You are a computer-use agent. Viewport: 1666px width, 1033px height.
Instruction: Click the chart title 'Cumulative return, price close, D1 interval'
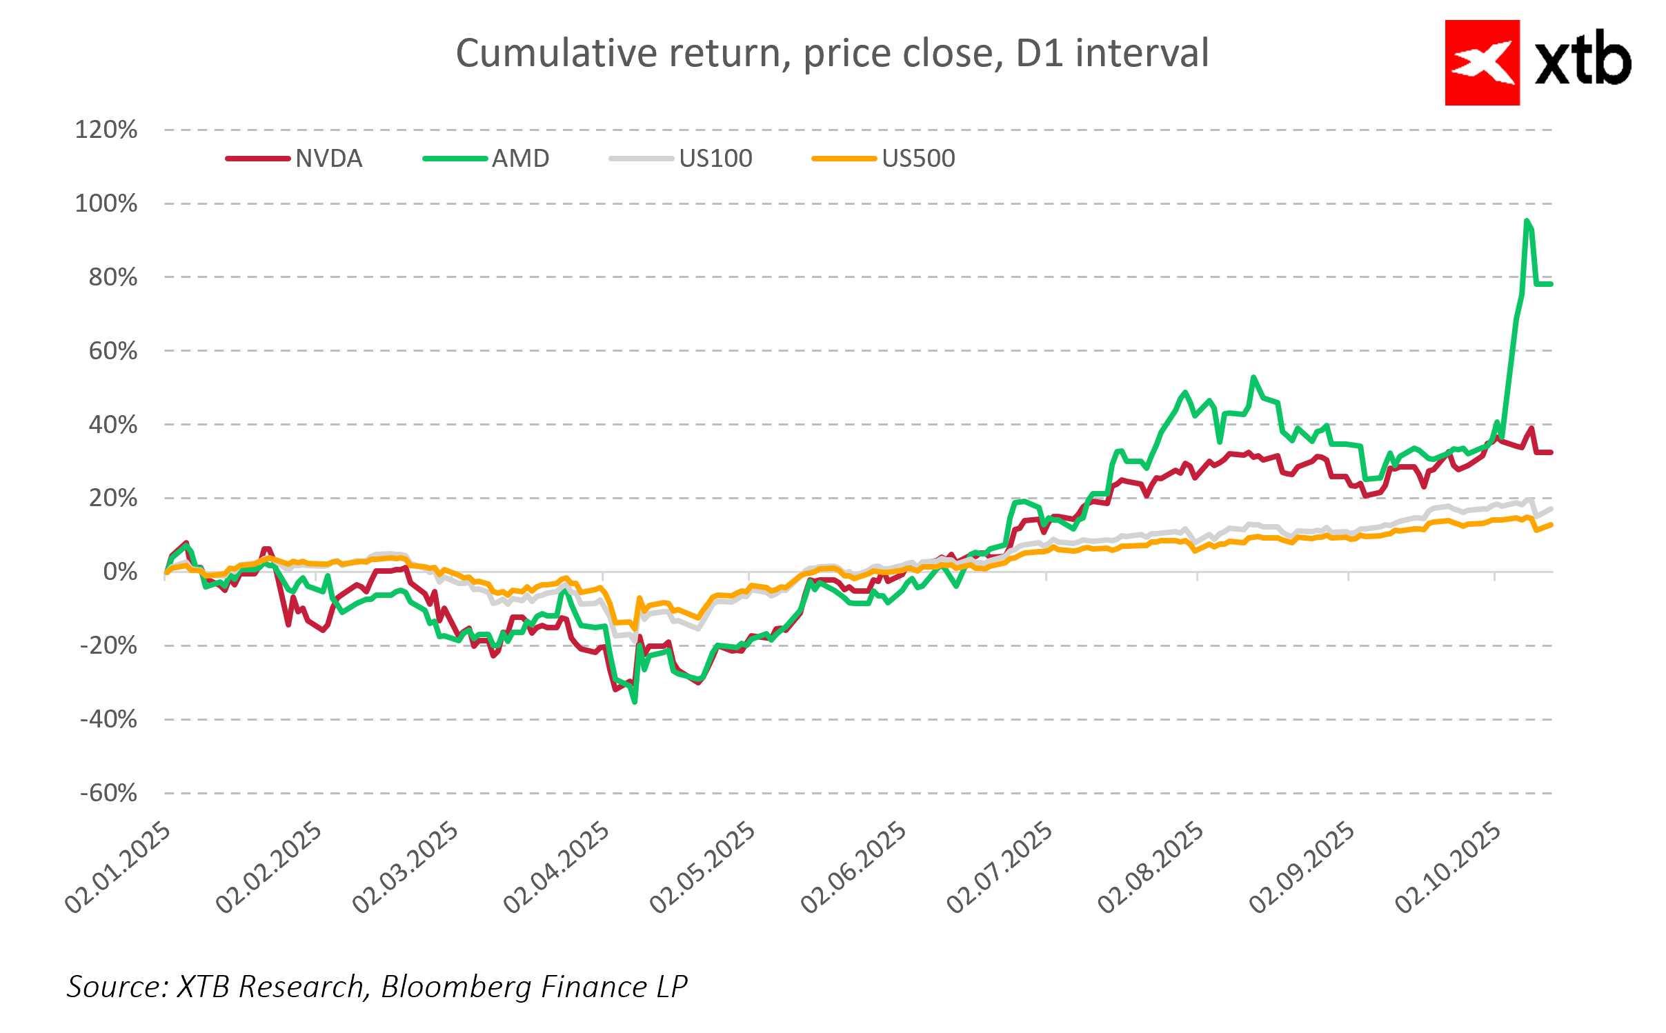pyautogui.click(x=832, y=54)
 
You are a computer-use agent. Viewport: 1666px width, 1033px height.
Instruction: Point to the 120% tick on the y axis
pyautogui.click(x=106, y=130)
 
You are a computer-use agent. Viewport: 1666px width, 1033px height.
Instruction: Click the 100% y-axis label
pyautogui.click(x=106, y=203)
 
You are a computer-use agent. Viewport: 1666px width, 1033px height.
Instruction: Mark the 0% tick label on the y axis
pyautogui.click(x=120, y=572)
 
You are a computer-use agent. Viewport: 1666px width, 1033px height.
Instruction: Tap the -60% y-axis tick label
pyautogui.click(x=109, y=793)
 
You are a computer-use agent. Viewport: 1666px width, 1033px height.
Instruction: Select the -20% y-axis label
pyautogui.click(x=109, y=645)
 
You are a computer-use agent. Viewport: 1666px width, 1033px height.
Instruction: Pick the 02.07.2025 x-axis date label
pyautogui.click(x=1000, y=867)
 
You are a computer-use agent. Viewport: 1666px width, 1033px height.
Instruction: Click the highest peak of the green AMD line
pyautogui.click(x=1527, y=221)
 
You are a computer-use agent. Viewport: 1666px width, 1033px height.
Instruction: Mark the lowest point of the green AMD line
pyautogui.click(x=635, y=702)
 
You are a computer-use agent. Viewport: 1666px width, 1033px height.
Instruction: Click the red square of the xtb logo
pyautogui.click(x=1482, y=63)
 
